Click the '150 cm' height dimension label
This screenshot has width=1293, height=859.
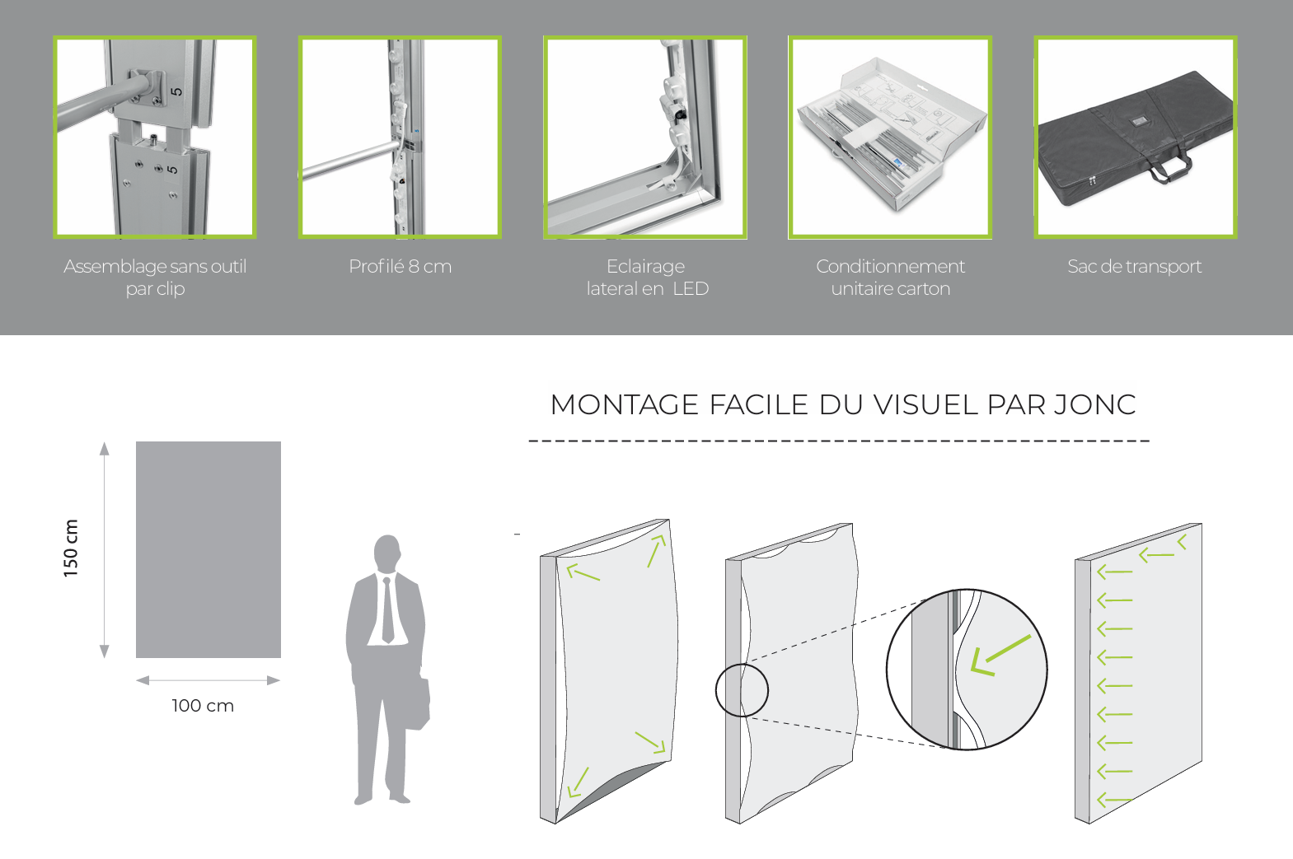click(x=70, y=548)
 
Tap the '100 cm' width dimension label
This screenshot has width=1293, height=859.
click(x=203, y=706)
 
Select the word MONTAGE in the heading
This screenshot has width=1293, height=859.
click(x=625, y=404)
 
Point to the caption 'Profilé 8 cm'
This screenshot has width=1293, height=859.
click(x=400, y=267)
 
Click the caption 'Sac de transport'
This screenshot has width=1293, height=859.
click(x=1134, y=267)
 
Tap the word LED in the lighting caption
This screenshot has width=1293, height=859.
click(x=691, y=288)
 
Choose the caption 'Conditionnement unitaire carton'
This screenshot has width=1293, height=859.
click(x=890, y=278)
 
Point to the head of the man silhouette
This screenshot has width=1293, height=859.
click(x=387, y=553)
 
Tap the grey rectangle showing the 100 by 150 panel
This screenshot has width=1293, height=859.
click(x=208, y=550)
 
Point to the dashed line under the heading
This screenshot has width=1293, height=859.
click(x=839, y=441)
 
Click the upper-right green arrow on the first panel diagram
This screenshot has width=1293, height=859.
click(x=657, y=551)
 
